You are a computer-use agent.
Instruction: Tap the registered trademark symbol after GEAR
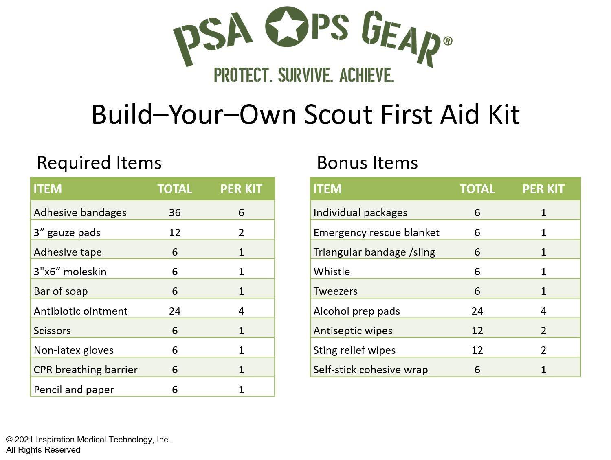447,41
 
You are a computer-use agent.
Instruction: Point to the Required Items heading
99,163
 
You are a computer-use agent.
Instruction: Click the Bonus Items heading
367,163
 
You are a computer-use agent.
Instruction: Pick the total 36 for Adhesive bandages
174,212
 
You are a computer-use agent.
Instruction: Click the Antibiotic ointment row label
81,311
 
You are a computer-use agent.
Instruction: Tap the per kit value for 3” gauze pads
241,232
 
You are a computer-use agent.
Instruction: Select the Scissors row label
52,331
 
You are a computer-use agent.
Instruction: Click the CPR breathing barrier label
86,370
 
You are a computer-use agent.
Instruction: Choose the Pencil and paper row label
74,390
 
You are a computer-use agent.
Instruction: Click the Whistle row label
332,272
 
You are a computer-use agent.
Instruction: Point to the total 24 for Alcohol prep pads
477,311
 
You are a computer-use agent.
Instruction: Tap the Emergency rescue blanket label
376,232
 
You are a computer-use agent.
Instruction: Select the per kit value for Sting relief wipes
543,350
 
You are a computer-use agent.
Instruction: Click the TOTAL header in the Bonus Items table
477,189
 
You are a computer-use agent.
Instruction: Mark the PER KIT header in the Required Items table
241,189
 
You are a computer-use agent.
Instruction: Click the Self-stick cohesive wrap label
370,370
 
